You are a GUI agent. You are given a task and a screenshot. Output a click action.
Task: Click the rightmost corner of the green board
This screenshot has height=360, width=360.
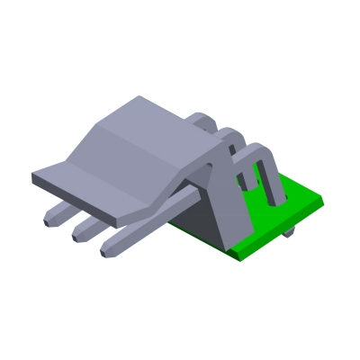321,203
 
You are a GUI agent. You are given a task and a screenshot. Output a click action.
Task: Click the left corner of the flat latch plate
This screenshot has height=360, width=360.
35,176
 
